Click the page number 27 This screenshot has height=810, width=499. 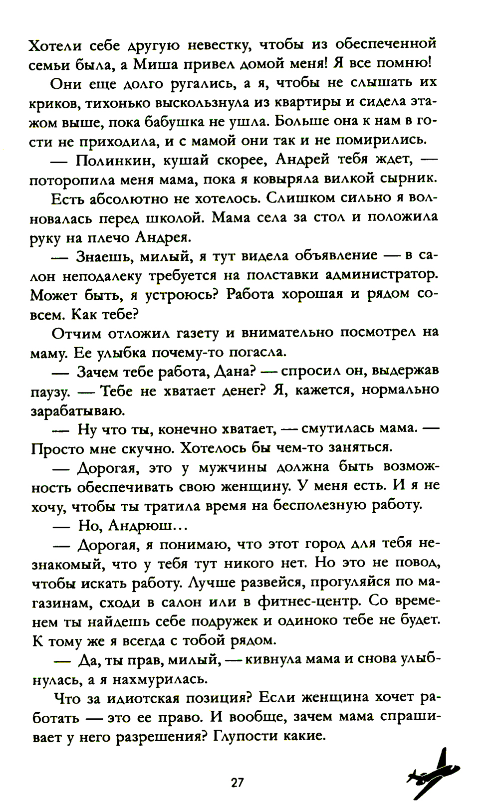237,782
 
